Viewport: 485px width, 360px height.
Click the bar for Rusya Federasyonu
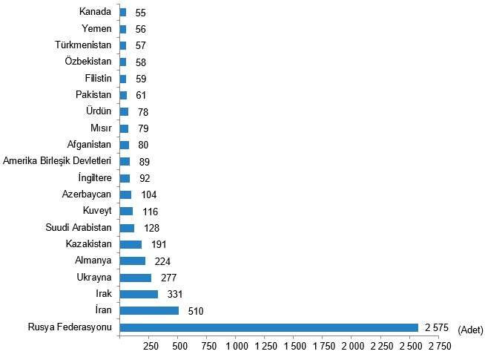tap(268, 327)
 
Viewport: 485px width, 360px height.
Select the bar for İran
tap(149, 311)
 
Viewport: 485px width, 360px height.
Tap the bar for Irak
tap(139, 294)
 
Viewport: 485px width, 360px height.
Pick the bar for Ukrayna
tap(136, 278)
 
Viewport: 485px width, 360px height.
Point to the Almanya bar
tap(133, 261)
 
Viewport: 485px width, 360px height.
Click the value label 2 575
tap(437, 328)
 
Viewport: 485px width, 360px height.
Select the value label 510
tap(195, 311)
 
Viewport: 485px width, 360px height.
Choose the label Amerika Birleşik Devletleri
tap(57, 161)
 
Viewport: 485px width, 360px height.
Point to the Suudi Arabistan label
tap(78, 227)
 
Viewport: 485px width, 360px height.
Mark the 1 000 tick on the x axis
tap(237, 347)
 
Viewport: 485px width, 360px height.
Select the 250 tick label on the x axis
tap(150, 347)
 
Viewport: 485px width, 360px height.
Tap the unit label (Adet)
tap(471, 329)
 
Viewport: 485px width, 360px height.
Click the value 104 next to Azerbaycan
tap(148, 194)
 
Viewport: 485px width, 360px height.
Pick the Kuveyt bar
tap(126, 211)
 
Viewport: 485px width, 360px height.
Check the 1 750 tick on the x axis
tap(323, 347)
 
